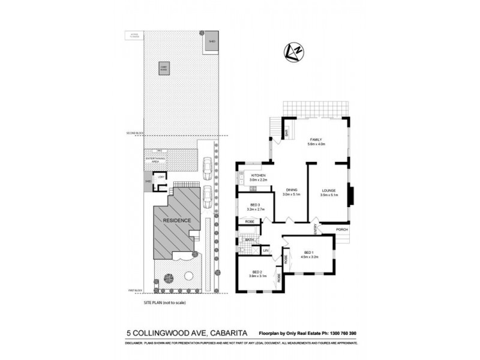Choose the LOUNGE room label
[328, 191]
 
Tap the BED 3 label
[255, 205]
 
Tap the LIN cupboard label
[265, 250]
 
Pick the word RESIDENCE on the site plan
[177, 220]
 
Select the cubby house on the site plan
[163, 68]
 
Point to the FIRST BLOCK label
[135, 291]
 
